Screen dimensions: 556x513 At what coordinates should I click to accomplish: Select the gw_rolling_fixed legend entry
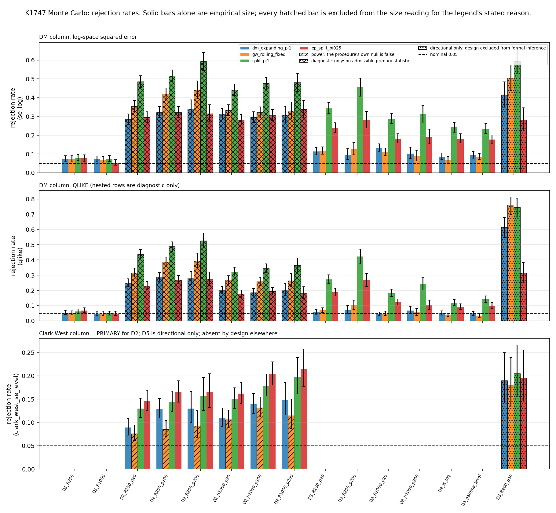[263, 54]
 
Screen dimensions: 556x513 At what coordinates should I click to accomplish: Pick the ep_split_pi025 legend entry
[320, 48]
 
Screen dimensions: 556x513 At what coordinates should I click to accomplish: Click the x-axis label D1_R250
[69, 482]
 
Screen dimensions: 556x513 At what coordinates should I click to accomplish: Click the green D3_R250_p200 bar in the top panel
[360, 130]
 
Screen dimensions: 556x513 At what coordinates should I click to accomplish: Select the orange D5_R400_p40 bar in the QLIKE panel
[510, 263]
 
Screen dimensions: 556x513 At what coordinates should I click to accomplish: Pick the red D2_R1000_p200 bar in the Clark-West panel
[304, 419]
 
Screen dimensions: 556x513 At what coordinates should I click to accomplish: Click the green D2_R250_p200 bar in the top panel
[203, 117]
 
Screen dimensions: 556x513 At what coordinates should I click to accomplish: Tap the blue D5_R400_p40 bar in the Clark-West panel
[504, 425]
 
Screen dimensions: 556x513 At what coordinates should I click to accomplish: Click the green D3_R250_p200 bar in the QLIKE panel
[360, 289]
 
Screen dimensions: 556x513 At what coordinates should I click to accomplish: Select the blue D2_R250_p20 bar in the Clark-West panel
[128, 448]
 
